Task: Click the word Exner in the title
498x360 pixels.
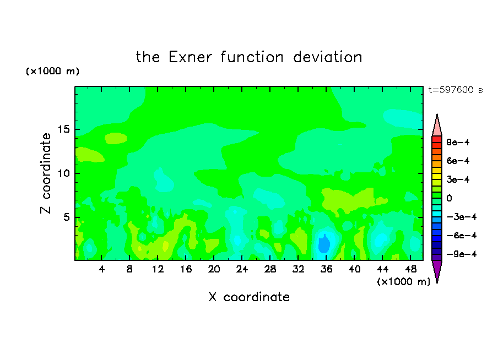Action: pos(190,57)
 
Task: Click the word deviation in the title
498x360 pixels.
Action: pos(328,57)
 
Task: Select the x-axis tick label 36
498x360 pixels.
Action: pos(327,269)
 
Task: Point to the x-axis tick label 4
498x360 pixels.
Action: pos(101,269)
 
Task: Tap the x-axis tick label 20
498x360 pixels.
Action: pos(214,269)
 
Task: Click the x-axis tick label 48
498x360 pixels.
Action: pos(410,269)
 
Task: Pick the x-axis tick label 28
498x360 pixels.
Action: pos(270,269)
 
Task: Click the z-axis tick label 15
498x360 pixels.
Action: pos(63,129)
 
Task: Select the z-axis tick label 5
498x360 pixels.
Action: pos(66,217)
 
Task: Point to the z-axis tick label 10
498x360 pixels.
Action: pos(63,173)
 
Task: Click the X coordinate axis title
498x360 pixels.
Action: pos(249,297)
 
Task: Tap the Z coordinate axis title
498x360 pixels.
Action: pos(46,173)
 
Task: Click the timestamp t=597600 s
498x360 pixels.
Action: pos(456,90)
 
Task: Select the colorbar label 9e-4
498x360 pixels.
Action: pos(458,142)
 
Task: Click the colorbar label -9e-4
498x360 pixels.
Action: pos(462,254)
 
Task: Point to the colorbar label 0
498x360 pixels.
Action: pos(449,198)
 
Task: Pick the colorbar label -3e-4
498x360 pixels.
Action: pos(462,217)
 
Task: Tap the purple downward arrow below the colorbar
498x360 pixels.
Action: pos(437,270)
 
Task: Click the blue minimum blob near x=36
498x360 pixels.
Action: pos(324,244)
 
